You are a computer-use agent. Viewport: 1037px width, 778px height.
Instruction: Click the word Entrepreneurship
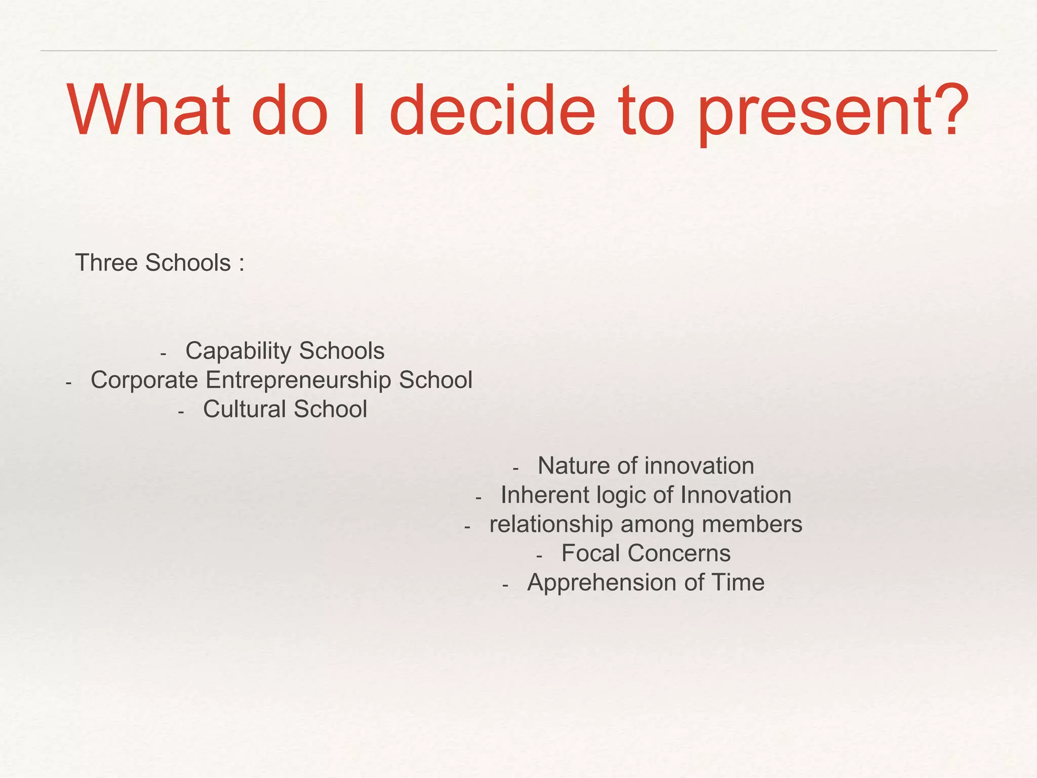[x=299, y=380]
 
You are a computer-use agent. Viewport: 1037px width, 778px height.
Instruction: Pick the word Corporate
[x=144, y=380]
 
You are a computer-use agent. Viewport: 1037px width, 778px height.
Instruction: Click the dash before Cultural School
[x=181, y=412]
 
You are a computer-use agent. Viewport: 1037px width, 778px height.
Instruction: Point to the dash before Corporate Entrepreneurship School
[x=69, y=383]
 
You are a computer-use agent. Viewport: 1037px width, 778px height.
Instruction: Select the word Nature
[x=573, y=466]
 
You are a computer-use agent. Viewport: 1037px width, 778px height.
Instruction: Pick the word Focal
[x=590, y=554]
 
